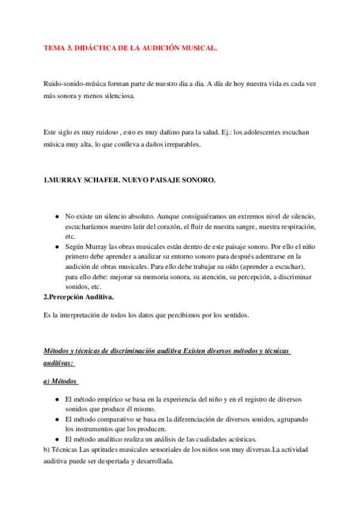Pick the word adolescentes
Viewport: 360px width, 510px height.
260,132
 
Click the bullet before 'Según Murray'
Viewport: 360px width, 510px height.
56,247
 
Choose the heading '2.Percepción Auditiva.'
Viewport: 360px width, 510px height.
79,296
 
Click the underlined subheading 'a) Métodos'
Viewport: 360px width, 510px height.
61,381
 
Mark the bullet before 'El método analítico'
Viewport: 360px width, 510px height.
56,439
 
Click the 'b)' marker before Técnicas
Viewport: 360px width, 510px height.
47,449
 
